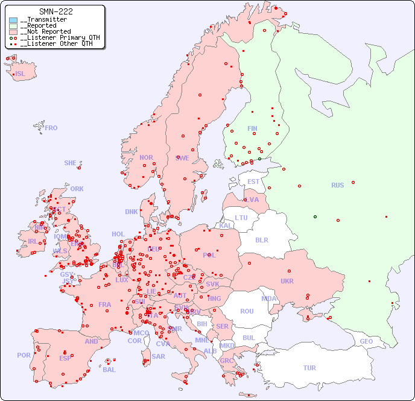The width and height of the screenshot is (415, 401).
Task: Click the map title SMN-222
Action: pyautogui.click(x=55, y=11)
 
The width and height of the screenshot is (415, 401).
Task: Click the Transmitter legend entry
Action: pyautogui.click(x=43, y=20)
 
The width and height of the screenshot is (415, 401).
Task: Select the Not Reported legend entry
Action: pyautogui.click(x=45, y=31)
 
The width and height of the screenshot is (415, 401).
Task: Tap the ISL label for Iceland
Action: pyautogui.click(x=21, y=74)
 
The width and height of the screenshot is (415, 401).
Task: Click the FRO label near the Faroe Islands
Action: pyautogui.click(x=51, y=128)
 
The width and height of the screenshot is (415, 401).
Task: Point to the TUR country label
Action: pyautogui.click(x=309, y=368)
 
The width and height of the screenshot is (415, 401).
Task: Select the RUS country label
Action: pyautogui.click(x=337, y=185)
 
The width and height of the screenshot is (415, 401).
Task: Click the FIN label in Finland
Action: pyautogui.click(x=252, y=128)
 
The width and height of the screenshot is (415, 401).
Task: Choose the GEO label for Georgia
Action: pyautogui.click(x=366, y=341)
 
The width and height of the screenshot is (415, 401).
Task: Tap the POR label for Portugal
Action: pyautogui.click(x=24, y=355)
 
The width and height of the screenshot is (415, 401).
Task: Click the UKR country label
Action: pyautogui.click(x=287, y=281)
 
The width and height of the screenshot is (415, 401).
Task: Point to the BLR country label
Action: pyautogui.click(x=262, y=239)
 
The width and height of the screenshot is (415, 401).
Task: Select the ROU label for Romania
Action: pyautogui.click(x=247, y=311)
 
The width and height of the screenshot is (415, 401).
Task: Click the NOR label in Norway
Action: pyautogui.click(x=146, y=157)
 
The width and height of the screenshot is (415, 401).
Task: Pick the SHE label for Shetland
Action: pyautogui.click(x=71, y=163)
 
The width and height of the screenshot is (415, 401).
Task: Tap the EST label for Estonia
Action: pyautogui.click(x=253, y=182)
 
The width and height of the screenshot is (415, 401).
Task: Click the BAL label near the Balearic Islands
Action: pyautogui.click(x=109, y=370)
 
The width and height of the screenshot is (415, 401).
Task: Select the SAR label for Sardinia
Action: pyautogui.click(x=158, y=356)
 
